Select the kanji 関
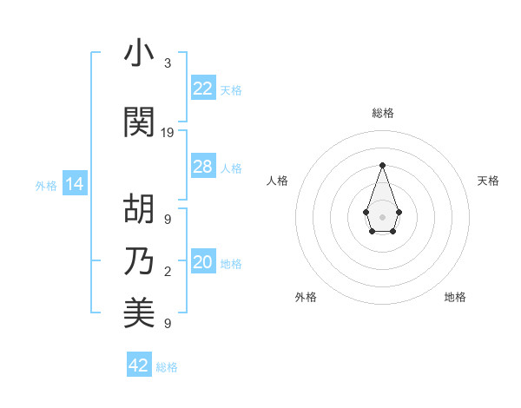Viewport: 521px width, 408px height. (139, 122)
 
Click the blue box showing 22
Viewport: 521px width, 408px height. (203, 89)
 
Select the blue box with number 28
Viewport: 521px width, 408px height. (203, 167)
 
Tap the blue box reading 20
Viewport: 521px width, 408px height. (203, 262)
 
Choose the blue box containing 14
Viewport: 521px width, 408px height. (74, 184)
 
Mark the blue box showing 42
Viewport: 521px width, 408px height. (139, 365)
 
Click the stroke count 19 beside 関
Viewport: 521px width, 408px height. (168, 133)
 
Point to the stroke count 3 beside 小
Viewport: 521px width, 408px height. (168, 63)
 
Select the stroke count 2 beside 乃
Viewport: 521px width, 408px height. (168, 272)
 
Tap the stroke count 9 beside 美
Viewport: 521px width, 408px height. (168, 324)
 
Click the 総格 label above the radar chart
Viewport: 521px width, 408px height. (382, 114)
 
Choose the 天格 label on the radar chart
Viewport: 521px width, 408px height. (488, 181)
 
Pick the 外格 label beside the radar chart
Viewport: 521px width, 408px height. (306, 297)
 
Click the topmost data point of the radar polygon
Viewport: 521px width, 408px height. (382, 164)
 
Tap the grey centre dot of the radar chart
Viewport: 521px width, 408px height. (382, 215)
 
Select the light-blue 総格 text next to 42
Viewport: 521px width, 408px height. (168, 367)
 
